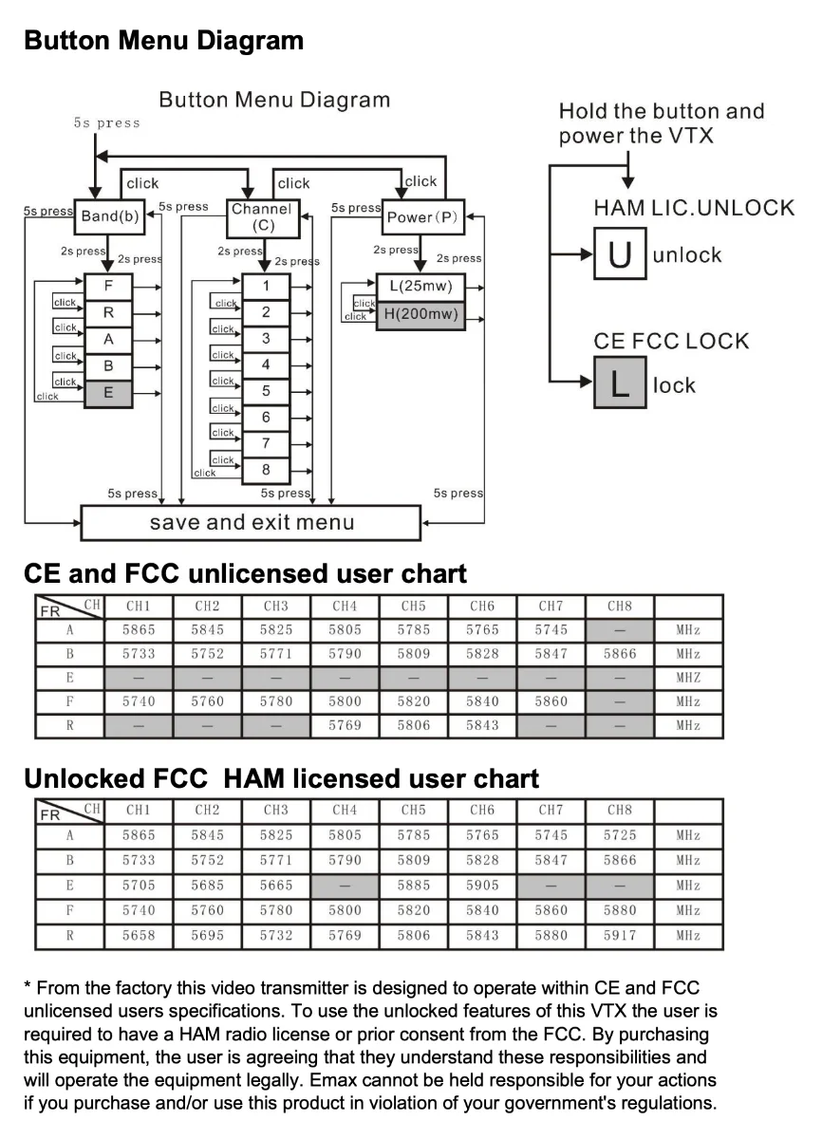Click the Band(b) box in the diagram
(110, 216)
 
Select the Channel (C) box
(263, 216)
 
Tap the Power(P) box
(421, 217)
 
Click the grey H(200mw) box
(420, 314)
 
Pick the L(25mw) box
(420, 286)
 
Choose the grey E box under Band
(109, 392)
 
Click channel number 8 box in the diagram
(266, 469)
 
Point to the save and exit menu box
(251, 522)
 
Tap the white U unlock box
(620, 255)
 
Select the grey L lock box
(620, 383)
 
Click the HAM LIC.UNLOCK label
(694, 208)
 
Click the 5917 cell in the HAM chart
(620, 935)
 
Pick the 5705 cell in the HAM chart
(139, 885)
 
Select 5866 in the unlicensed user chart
(620, 654)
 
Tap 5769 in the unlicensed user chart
(345, 726)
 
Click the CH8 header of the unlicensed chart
(620, 606)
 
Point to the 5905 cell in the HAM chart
(482, 885)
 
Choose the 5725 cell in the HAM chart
(620, 835)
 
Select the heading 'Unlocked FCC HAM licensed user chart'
(281, 779)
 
